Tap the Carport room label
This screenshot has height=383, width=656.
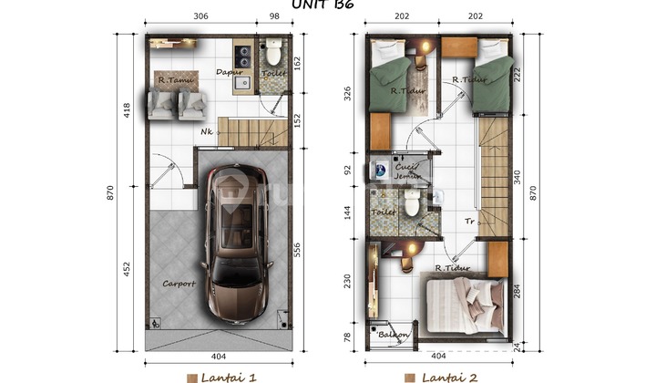click(178, 284)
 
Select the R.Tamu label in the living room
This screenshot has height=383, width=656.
click(172, 80)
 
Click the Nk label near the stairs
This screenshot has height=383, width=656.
click(208, 130)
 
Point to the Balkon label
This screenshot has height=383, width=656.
click(394, 335)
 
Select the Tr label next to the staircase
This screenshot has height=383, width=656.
click(469, 219)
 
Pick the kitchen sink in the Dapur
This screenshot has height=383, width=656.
click(242, 84)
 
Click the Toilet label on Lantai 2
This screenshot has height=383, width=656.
click(384, 212)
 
